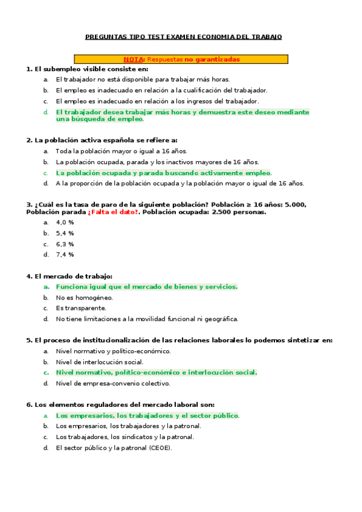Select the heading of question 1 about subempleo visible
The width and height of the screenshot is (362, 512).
click(x=87, y=69)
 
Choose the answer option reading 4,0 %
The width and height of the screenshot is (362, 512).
click(x=65, y=222)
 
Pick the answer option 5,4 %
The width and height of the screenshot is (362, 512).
click(x=65, y=233)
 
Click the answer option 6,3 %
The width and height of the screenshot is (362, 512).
click(x=65, y=244)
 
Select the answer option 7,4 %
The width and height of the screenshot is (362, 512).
click(x=65, y=255)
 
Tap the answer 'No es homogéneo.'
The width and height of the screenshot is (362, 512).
click(x=85, y=298)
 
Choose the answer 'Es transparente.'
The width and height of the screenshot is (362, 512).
click(x=81, y=309)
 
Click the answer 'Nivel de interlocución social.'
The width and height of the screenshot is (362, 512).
click(x=100, y=362)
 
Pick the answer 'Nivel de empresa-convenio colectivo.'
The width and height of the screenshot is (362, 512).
click(x=113, y=383)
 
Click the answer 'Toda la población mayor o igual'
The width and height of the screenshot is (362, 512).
click(x=121, y=151)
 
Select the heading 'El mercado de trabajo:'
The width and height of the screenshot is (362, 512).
click(x=69, y=276)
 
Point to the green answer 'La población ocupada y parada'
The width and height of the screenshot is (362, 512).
click(x=163, y=173)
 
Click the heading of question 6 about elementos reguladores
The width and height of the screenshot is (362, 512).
click(x=120, y=405)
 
